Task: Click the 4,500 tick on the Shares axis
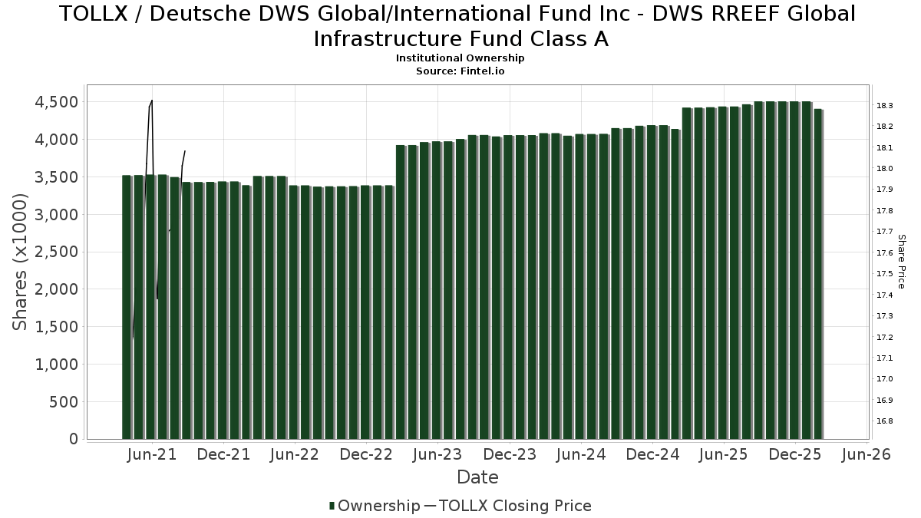[x=56, y=103]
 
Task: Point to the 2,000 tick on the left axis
[x=56, y=290]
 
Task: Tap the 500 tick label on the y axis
[x=64, y=402]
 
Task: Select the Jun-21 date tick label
[x=152, y=455]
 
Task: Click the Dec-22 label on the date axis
[x=366, y=455]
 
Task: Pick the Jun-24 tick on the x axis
[x=581, y=455]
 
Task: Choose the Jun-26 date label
[x=867, y=455]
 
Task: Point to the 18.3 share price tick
[x=884, y=105]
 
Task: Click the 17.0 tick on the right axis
[x=884, y=379]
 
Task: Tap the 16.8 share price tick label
[x=884, y=421]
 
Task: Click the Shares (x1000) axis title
[x=21, y=262]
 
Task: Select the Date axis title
[x=477, y=477]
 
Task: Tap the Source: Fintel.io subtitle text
[x=460, y=71]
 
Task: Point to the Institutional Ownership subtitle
[x=460, y=58]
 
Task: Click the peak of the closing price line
[x=152, y=101]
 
